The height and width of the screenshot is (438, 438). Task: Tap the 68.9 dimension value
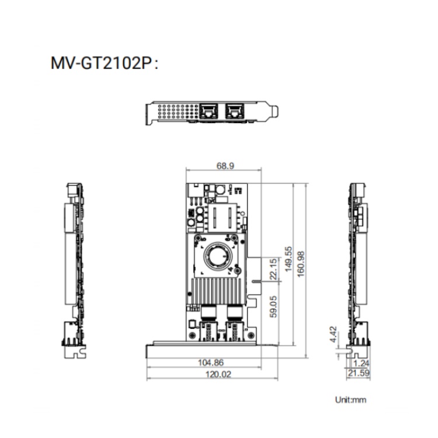tap(225, 166)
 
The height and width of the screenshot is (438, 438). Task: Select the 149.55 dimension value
tap(288, 259)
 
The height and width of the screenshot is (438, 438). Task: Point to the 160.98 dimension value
tap(301, 264)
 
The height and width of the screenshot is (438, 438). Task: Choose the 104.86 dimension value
tap(211, 363)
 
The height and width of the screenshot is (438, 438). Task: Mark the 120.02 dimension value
tap(218, 374)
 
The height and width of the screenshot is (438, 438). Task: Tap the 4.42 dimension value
tap(333, 334)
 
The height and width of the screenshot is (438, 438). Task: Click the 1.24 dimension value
tap(361, 363)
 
